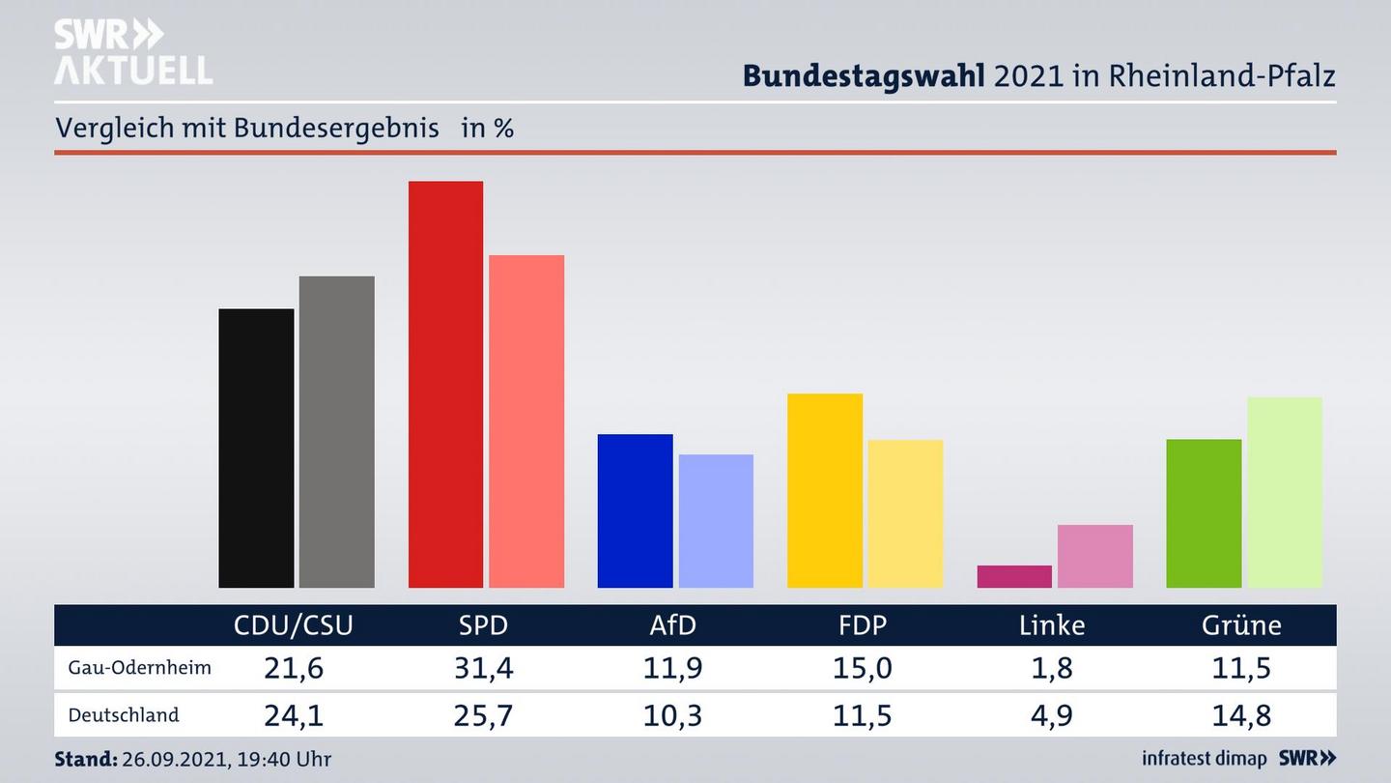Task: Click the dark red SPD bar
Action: [445, 385]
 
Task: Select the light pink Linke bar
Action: [1094, 556]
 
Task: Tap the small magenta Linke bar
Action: [1014, 576]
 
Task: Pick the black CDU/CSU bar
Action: [256, 449]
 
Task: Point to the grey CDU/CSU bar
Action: [336, 432]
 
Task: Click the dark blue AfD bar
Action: [635, 510]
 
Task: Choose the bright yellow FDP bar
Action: [824, 490]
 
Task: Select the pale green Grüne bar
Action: [1284, 492]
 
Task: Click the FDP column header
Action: [862, 625]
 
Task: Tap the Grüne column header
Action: [1241, 625]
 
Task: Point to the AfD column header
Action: [672, 625]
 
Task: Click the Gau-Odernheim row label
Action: [139, 668]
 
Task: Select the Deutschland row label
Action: [124, 715]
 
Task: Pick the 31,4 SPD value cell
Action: [483, 668]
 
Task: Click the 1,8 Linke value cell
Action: [1052, 668]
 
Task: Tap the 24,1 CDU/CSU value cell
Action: [294, 715]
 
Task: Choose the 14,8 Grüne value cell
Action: [1241, 715]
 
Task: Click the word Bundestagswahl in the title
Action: [864, 75]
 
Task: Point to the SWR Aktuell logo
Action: [132, 52]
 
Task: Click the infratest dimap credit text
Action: [1204, 759]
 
